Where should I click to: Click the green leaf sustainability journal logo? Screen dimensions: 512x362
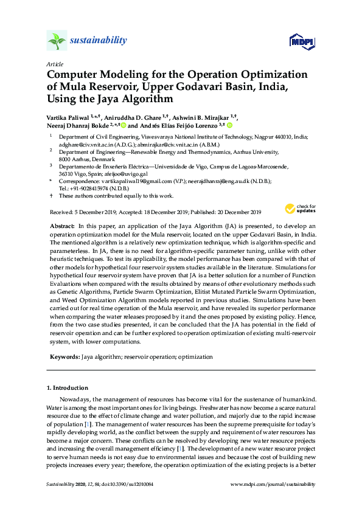click(x=57, y=41)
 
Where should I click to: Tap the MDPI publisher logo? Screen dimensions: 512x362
click(x=301, y=42)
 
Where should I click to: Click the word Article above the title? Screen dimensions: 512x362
click(x=55, y=64)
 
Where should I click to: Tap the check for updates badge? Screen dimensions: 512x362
click(x=304, y=209)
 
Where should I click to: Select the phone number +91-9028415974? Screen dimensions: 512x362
click(x=88, y=189)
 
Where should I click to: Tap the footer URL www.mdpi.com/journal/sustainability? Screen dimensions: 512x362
click(x=274, y=484)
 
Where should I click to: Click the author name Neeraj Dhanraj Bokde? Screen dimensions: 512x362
click(x=78, y=125)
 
